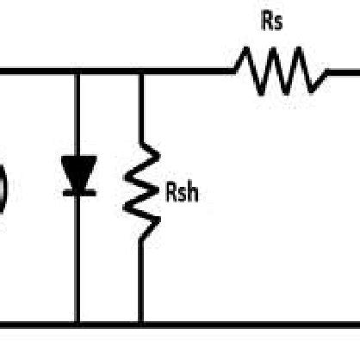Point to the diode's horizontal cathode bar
[x=78, y=192]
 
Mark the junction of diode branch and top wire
[x=78, y=71]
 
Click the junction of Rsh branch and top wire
[x=141, y=71]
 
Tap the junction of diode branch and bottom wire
[x=78, y=325]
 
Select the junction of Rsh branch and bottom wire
[x=141, y=325]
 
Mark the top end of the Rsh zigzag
[x=141, y=145]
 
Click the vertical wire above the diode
[x=78, y=112]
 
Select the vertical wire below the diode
[x=78, y=258]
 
